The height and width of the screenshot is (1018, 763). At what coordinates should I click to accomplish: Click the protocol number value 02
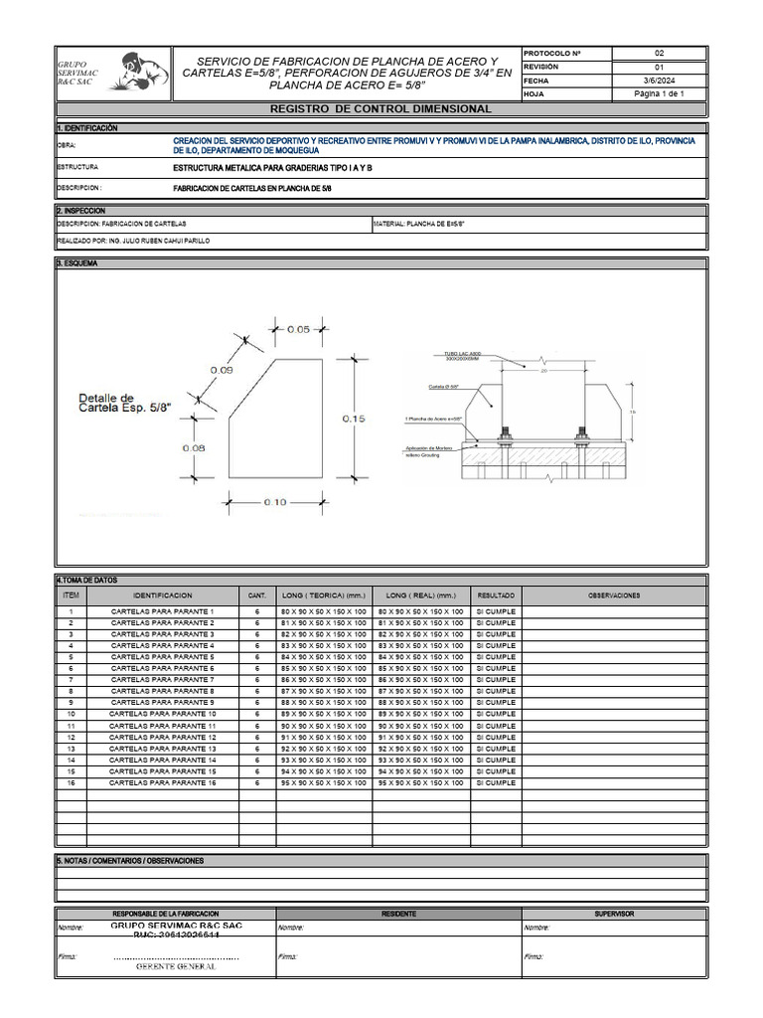coord(659,53)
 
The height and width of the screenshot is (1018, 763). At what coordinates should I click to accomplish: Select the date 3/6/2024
coord(659,81)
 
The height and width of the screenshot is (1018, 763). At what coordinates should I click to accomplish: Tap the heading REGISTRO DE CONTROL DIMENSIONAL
coord(381,108)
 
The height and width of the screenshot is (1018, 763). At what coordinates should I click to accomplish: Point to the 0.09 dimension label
coord(221,370)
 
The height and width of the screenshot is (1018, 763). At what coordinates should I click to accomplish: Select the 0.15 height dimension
coord(355,420)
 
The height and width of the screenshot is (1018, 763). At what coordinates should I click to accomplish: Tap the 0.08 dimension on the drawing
coord(194,447)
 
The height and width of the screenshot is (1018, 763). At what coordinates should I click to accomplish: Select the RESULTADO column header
coord(496,595)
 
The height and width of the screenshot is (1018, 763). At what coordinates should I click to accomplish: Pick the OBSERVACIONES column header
coord(614,595)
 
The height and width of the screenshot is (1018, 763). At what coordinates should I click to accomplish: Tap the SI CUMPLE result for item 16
coord(496,783)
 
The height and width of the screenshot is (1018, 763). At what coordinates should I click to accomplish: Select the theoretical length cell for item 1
coord(324,610)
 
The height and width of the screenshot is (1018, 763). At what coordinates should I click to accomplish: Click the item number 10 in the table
coord(71,714)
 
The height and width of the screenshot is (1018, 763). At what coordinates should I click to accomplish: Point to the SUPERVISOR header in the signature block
coord(614,913)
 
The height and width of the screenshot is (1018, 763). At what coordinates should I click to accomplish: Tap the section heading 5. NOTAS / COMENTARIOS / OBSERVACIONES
coord(131,861)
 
